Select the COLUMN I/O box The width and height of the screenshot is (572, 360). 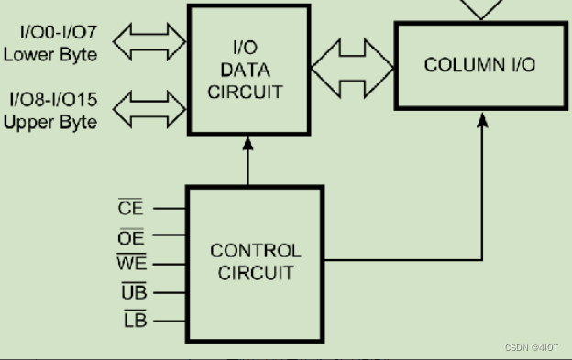tap(478, 66)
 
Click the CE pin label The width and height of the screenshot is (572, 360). tap(131, 208)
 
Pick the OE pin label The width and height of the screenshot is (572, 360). tap(131, 237)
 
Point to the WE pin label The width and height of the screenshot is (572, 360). tap(129, 265)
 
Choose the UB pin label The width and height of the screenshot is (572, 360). tap(134, 292)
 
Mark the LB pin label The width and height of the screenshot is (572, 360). tap(135, 321)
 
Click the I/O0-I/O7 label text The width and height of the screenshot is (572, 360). tap(57, 34)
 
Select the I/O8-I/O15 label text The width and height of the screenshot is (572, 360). tap(52, 99)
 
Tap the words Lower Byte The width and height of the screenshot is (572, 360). tap(50, 54)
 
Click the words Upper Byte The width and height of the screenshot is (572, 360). tap(50, 121)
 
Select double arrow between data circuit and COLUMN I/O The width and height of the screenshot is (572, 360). tap(353, 66)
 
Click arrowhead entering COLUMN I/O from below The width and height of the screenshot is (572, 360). tap(483, 119)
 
